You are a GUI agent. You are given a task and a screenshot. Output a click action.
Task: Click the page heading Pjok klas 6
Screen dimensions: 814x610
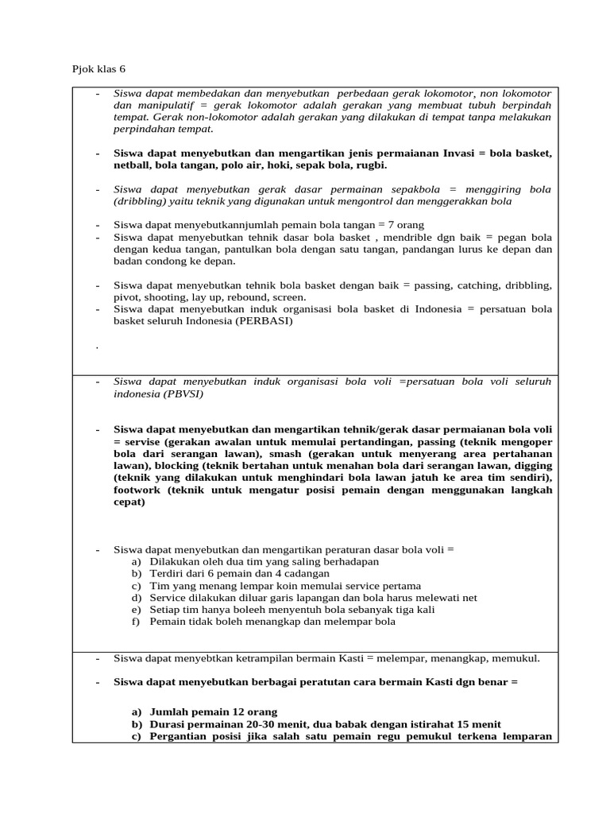click(x=99, y=69)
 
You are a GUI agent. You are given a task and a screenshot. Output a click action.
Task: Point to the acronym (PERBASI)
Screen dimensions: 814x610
click(x=263, y=321)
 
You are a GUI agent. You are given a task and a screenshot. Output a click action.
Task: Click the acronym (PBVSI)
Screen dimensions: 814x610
click(x=182, y=393)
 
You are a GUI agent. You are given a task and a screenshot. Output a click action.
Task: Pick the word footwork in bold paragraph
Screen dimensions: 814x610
click(x=137, y=490)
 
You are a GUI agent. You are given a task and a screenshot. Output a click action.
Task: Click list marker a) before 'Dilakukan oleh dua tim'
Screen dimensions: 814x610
click(x=137, y=561)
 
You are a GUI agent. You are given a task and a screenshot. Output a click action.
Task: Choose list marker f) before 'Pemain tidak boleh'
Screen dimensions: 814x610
click(x=137, y=622)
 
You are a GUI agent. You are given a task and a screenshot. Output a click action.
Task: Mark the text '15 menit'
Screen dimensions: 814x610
click(x=479, y=724)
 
